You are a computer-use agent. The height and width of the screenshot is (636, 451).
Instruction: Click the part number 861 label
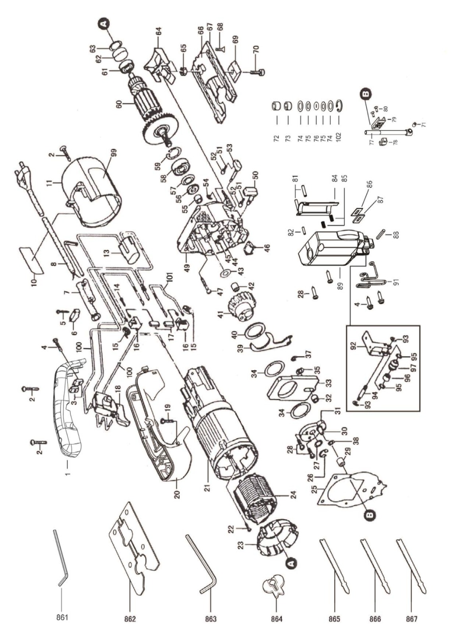click(x=62, y=619)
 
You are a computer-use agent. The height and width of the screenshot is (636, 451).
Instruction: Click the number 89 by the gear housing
click(x=340, y=274)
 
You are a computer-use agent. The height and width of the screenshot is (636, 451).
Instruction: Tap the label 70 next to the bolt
click(x=256, y=50)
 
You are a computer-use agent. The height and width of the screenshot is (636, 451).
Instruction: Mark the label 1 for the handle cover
click(x=67, y=474)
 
